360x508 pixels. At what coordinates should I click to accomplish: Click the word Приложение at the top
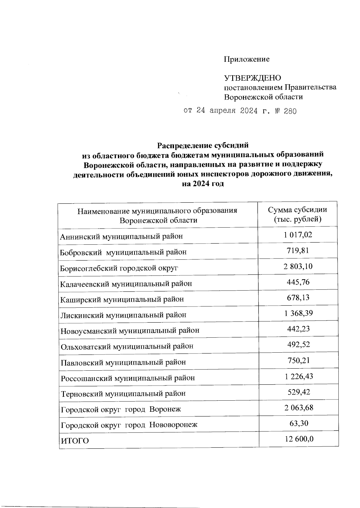tap(247, 59)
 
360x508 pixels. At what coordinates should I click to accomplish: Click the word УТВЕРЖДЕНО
tap(253, 78)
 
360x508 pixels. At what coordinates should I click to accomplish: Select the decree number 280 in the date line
tap(290, 112)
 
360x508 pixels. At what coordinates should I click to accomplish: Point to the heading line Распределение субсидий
tap(203, 145)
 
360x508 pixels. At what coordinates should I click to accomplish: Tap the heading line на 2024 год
tap(203, 184)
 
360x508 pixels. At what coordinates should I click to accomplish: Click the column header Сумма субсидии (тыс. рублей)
tap(297, 214)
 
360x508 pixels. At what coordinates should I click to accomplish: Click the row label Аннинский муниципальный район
tap(121, 237)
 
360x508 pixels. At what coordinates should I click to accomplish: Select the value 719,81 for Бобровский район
tap(298, 250)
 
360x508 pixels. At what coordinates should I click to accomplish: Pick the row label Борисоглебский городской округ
tap(119, 268)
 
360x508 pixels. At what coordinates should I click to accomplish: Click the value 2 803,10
tap(298, 266)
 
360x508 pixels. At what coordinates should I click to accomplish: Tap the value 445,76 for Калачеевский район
tap(298, 282)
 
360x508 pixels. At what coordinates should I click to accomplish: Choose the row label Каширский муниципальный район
tap(122, 299)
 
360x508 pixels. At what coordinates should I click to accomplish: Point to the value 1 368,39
tap(298, 313)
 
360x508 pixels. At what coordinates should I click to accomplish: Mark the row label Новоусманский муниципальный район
tap(130, 331)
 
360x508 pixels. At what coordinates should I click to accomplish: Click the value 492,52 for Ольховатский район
tap(298, 345)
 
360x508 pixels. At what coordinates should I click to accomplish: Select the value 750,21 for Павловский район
tap(298, 360)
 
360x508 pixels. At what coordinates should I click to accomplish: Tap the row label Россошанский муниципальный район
tap(128, 378)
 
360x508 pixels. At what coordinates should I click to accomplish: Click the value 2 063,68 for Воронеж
tap(298, 408)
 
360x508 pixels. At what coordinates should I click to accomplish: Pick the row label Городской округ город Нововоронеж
tap(129, 425)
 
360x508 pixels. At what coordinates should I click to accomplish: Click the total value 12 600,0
tap(299, 439)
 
